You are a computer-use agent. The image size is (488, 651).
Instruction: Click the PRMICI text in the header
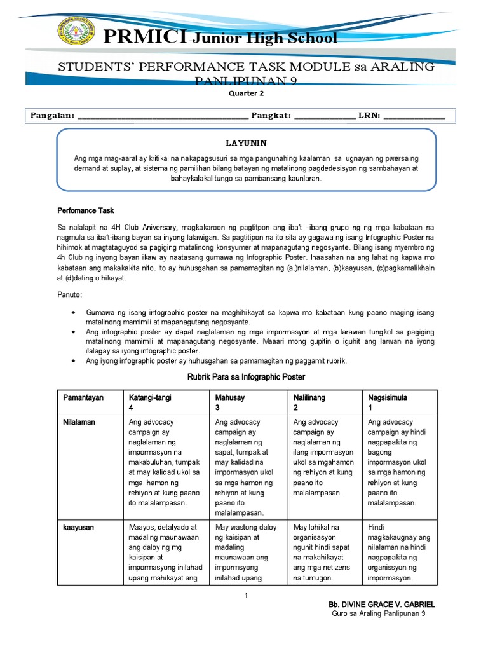pos(146,38)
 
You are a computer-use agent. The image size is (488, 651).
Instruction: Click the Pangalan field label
pos(53,115)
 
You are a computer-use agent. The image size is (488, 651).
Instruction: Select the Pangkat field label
pos(271,115)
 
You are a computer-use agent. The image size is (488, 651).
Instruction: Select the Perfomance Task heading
pos(86,210)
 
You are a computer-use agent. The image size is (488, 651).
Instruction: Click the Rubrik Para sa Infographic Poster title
pos(246,377)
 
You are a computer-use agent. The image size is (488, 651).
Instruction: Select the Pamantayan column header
pos(83,397)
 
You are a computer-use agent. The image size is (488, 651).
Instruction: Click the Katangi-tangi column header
pos(150,397)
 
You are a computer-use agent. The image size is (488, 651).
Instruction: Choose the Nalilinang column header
pos(309,397)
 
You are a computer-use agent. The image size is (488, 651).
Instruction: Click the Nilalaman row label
pos(79,422)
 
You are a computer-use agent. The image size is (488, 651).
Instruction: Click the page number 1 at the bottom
pos(245,594)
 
